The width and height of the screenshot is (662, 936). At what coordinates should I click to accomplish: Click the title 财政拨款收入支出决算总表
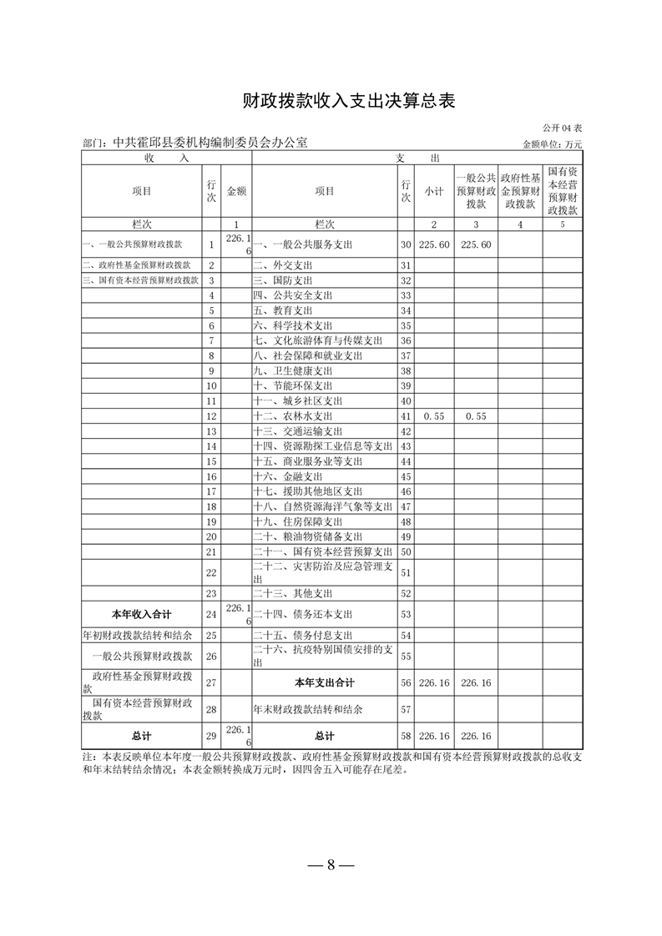[331, 101]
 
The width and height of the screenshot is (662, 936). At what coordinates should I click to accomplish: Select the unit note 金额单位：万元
[552, 144]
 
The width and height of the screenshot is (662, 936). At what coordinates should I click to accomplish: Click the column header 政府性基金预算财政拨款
[519, 191]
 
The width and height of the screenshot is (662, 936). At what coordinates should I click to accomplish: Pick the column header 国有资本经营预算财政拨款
[563, 191]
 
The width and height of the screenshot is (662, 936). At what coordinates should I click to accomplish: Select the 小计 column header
[433, 191]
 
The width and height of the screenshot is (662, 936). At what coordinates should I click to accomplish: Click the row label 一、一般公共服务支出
[302, 244]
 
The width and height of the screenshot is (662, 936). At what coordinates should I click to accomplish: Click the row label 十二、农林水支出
[292, 415]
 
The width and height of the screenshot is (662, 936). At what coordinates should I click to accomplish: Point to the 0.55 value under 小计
[432, 415]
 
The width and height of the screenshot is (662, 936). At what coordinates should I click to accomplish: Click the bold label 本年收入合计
[142, 614]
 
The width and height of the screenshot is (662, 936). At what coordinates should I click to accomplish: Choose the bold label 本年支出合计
[323, 682]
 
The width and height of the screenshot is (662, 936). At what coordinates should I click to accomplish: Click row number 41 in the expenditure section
[407, 415]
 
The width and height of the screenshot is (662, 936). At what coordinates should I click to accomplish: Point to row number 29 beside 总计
[211, 737]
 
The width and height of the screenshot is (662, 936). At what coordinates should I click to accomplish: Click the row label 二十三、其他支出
[292, 593]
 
